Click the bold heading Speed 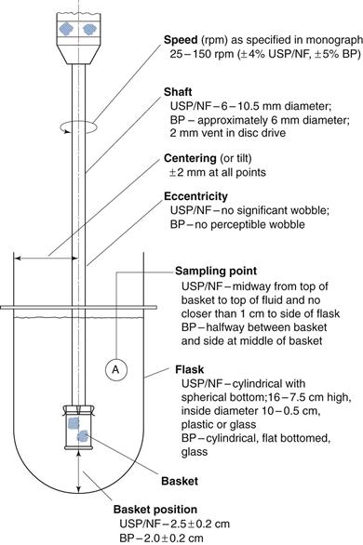(181, 40)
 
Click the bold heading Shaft (178, 92)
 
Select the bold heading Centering (190, 158)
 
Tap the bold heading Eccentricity (195, 197)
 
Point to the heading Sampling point (216, 272)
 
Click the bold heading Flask (190, 369)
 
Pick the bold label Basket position (155, 510)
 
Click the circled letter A (115, 369)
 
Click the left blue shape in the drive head (66, 29)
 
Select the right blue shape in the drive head (89, 29)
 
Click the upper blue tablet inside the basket (74, 423)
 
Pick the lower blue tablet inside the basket (83, 435)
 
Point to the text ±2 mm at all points (218, 172)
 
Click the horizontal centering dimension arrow (46, 259)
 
